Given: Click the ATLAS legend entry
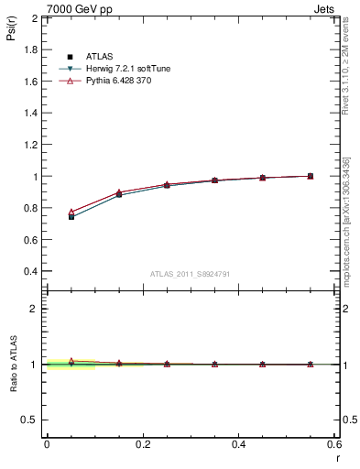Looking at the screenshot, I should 98,57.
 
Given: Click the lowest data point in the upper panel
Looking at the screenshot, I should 71,216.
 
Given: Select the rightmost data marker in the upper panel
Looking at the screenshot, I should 311,176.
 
